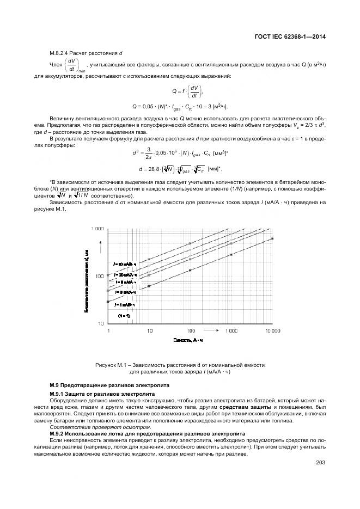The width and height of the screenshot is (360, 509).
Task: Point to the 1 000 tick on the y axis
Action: point(97,230)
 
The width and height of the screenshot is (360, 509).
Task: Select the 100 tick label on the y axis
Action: point(99,277)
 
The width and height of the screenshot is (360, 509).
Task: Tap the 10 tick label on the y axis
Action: point(101,324)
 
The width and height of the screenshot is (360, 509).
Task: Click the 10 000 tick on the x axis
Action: point(272,331)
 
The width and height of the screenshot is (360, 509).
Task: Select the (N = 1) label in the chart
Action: point(124,315)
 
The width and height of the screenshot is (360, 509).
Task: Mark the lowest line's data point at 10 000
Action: point(272,238)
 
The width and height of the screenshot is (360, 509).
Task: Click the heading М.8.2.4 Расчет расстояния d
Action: point(86,53)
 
